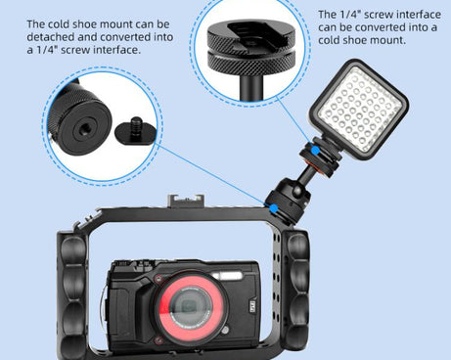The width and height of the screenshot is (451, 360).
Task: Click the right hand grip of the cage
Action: pos(294,284)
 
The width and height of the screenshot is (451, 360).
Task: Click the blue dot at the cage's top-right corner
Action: pos(268,207)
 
